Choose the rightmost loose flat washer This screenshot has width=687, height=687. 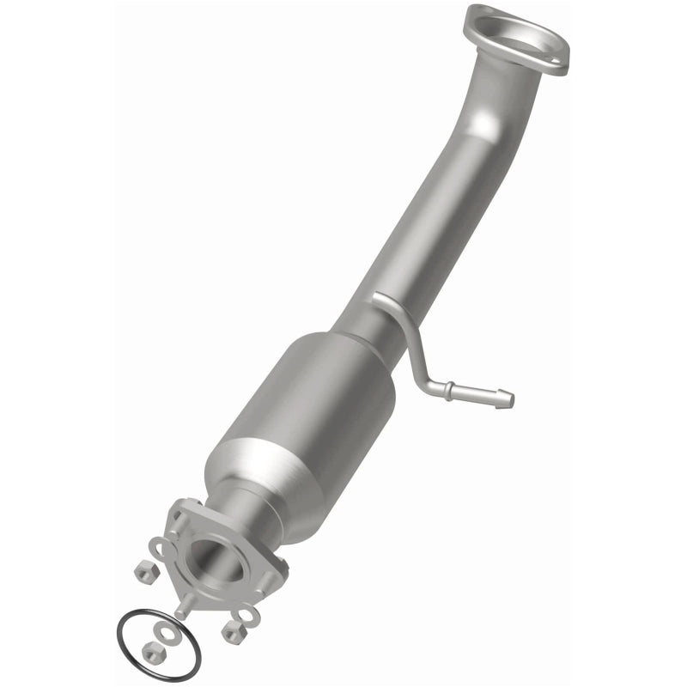pyautogui.click(x=246, y=615)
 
